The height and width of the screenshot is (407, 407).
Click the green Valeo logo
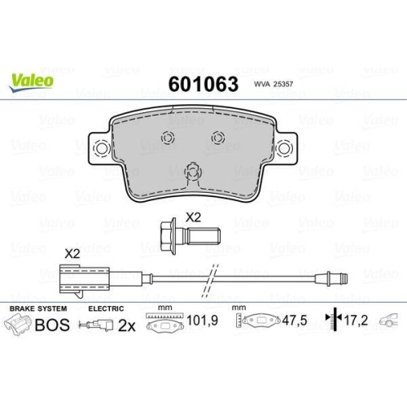click(31, 83)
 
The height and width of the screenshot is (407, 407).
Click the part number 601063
click(203, 84)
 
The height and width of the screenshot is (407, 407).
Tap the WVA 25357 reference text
click(274, 84)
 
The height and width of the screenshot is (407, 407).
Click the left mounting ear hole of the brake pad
click(102, 148)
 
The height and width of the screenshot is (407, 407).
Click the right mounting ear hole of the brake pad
click(284, 148)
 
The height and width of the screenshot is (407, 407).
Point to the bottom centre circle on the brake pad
click(193, 172)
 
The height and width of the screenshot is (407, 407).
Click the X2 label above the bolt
click(193, 217)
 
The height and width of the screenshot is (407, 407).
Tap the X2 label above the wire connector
click(72, 254)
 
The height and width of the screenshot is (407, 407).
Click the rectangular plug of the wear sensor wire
click(85, 280)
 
